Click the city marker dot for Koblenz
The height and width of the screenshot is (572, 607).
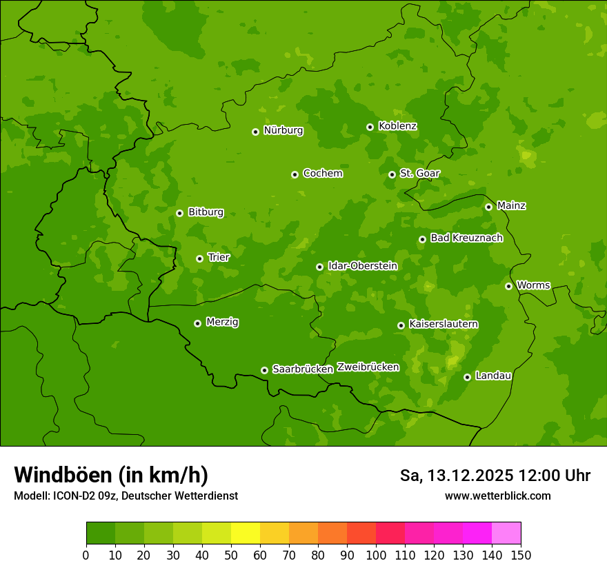(370, 127)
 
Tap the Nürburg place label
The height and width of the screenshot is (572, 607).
(283, 130)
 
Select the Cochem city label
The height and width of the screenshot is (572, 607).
(322, 174)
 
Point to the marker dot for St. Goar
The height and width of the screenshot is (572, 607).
(392, 174)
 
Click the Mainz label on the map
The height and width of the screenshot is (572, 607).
(511, 206)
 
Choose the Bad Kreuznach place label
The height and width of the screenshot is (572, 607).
(466, 238)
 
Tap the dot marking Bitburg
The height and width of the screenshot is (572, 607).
(179, 213)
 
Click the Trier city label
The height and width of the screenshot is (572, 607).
(219, 258)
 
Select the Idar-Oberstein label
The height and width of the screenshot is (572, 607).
(362, 266)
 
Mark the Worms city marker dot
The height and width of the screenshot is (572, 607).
(508, 286)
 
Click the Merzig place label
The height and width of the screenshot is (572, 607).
(222, 323)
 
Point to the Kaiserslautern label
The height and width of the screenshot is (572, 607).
(444, 325)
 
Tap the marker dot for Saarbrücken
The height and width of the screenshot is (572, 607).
(264, 370)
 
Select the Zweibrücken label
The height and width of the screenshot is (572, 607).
(368, 367)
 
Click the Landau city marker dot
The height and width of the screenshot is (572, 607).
(467, 377)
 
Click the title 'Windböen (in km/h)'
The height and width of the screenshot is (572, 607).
(111, 475)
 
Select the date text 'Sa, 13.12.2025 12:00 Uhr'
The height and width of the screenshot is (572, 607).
(495, 476)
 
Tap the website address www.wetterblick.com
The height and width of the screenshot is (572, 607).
(497, 496)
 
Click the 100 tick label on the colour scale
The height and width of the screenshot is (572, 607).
(376, 555)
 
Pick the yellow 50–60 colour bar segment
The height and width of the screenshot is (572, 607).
(246, 533)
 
